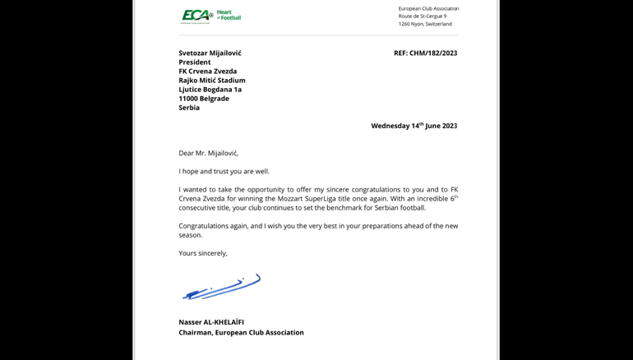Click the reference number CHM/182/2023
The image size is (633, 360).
tap(425, 53)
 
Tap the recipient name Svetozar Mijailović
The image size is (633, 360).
tap(210, 53)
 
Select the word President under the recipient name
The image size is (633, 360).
tap(195, 62)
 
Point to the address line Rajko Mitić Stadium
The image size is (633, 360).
tap(212, 81)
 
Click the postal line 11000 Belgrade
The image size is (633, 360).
tap(204, 99)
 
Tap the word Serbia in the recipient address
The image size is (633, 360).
tap(189, 108)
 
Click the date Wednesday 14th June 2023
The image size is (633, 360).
tap(414, 126)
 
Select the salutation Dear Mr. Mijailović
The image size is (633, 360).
tap(208, 153)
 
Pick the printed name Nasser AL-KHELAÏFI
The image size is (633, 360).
tap(211, 322)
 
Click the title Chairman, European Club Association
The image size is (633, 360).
tap(241, 333)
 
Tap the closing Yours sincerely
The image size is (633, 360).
tap(203, 253)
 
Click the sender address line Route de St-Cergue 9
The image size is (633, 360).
tap(423, 16)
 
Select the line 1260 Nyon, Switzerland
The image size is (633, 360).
tap(425, 24)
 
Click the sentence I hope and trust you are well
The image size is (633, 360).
tap(224, 171)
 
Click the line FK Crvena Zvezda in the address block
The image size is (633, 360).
tap(207, 72)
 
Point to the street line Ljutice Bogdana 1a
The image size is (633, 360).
tap(210, 90)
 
